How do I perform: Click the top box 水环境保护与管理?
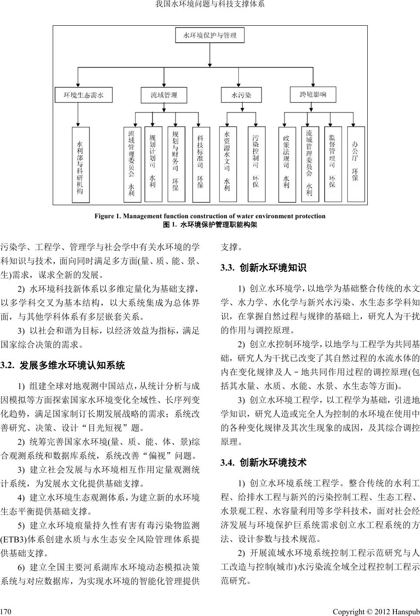click(210, 35)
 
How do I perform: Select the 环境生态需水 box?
click(84, 95)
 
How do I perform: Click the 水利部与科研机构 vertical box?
click(80, 165)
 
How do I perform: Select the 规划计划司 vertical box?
click(153, 164)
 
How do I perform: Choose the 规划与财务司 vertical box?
click(176, 164)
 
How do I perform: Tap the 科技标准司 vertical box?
click(200, 164)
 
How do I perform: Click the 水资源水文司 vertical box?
click(227, 164)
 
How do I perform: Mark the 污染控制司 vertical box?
click(256, 164)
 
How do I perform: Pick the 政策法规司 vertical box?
click(286, 164)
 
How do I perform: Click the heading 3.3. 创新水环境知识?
click(263, 267)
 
